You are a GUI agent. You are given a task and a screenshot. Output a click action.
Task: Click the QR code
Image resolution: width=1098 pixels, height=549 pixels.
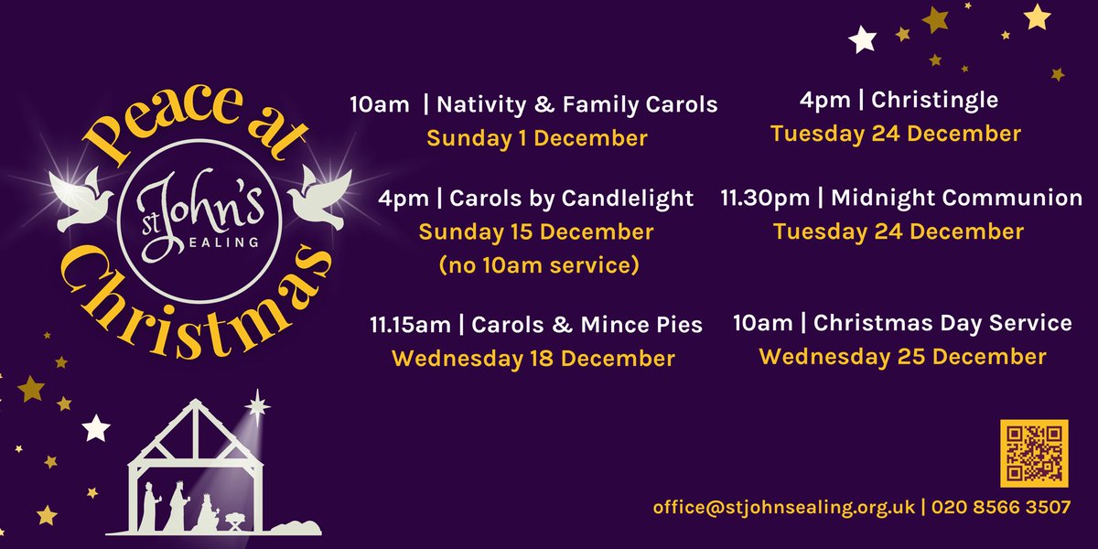(x=1033, y=453)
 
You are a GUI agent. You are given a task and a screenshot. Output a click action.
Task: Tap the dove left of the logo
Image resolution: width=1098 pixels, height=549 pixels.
(x=83, y=197)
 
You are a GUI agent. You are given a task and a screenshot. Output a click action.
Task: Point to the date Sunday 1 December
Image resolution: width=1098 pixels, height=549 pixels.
(x=537, y=139)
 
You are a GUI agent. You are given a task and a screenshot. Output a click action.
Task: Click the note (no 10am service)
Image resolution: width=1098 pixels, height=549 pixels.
(x=536, y=266)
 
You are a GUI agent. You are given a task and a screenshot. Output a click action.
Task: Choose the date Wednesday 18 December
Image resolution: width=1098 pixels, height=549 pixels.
(x=533, y=357)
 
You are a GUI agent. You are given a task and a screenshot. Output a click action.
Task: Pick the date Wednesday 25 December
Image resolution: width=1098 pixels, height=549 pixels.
(x=902, y=356)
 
